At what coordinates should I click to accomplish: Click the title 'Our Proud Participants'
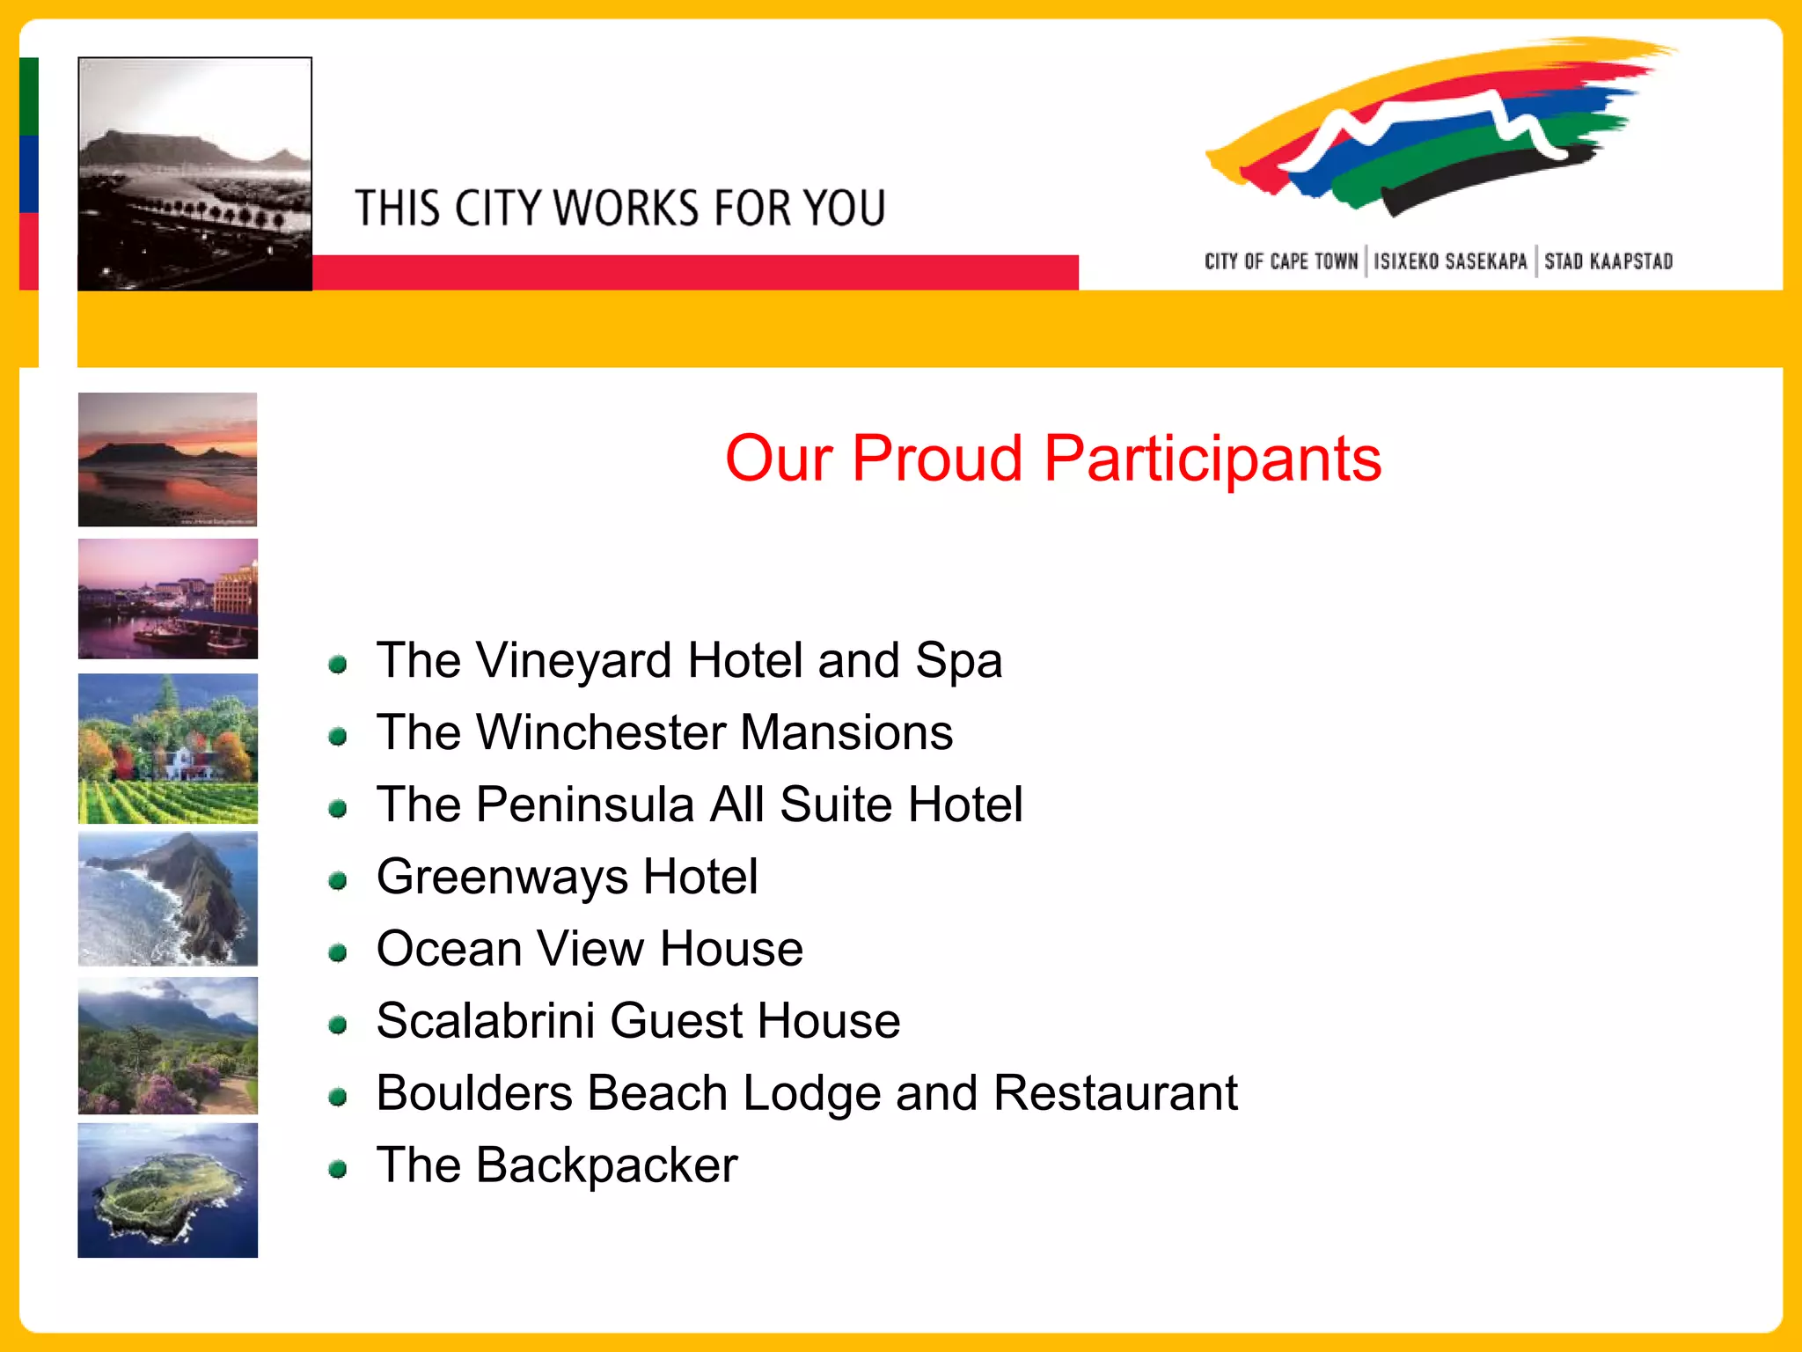coord(1052,459)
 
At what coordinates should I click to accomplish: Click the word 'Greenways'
coord(502,878)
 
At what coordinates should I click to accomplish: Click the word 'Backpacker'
coord(606,1166)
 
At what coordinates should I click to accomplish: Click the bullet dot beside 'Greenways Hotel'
coord(338,880)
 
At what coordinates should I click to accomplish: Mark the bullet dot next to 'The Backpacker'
coord(338,1169)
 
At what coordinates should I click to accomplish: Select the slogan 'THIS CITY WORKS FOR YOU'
coord(619,209)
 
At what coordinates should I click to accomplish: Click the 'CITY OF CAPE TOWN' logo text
coord(1280,261)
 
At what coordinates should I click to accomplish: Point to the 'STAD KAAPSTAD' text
coord(1608,261)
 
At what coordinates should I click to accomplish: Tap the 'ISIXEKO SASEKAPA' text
coord(1450,261)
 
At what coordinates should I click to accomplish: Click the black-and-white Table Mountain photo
coord(194,173)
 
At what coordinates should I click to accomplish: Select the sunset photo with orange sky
coord(167,459)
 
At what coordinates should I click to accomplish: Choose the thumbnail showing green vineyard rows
coord(167,749)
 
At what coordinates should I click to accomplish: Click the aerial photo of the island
coord(167,1190)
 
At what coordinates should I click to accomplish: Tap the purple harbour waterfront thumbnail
coord(167,599)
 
